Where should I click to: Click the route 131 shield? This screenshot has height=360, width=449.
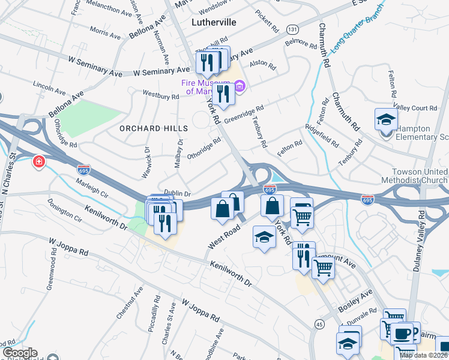[292, 29]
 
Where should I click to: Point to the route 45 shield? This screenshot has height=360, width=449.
[318, 324]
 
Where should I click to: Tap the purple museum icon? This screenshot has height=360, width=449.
[240, 87]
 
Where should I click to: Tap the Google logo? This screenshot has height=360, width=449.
[20, 353]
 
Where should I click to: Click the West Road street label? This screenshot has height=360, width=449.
[224, 238]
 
